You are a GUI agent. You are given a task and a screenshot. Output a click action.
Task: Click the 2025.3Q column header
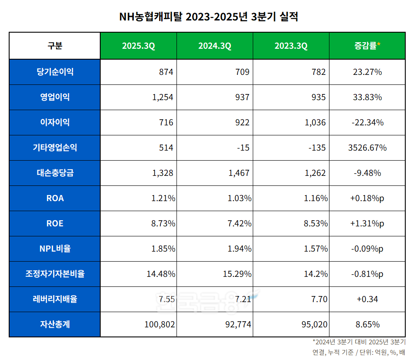click(138, 46)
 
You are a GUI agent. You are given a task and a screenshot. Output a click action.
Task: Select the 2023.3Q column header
click(291, 46)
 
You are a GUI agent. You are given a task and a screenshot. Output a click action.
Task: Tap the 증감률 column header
click(367, 46)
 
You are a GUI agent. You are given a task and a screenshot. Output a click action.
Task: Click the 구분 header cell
click(55, 46)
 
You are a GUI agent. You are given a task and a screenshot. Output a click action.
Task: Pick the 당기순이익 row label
click(55, 72)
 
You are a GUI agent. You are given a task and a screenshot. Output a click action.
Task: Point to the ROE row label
click(55, 223)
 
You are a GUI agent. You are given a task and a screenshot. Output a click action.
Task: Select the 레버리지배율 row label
click(55, 299)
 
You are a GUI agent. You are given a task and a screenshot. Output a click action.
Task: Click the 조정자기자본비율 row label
click(55, 274)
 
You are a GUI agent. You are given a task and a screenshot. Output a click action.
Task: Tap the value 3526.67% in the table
click(367, 148)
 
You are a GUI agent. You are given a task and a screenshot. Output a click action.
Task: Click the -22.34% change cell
click(367, 122)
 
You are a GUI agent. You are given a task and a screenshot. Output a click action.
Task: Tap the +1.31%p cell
click(367, 223)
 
